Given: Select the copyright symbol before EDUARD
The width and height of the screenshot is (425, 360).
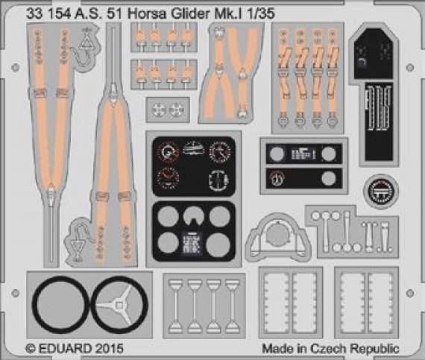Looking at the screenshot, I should tap(31, 348).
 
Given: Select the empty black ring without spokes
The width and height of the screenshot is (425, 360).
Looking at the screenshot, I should tap(59, 303).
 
